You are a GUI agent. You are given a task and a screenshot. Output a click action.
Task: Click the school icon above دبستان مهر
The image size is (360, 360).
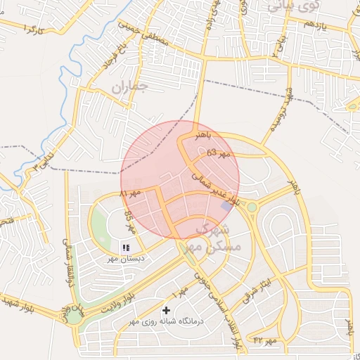click(x=127, y=247)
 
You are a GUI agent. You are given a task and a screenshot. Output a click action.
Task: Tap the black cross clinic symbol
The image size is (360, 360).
click(x=167, y=310)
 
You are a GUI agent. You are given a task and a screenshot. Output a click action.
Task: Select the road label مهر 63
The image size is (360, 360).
click(x=219, y=153)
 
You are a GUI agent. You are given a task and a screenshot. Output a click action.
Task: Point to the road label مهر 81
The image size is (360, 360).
click(x=130, y=192)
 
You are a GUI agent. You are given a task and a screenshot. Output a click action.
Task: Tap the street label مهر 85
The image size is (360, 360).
click(x=129, y=220)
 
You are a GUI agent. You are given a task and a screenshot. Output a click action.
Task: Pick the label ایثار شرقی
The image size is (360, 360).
click(x=257, y=286)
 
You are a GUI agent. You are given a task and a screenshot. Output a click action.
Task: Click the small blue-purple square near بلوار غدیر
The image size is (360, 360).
click(x=226, y=205)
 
